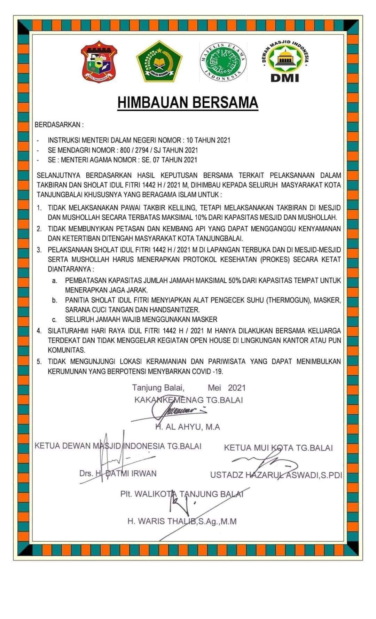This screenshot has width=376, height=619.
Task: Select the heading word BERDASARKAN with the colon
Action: pos(59,125)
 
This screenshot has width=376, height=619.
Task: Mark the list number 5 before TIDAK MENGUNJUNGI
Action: pos(39,361)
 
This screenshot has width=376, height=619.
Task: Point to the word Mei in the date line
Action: pos(214,388)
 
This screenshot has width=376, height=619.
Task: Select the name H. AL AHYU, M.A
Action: pos(188,427)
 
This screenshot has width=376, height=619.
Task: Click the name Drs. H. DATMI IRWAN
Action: pos(118,473)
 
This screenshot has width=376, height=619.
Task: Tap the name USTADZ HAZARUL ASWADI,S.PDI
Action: pos(276,475)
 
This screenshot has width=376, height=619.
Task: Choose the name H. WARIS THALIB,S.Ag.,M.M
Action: pos(182,522)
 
